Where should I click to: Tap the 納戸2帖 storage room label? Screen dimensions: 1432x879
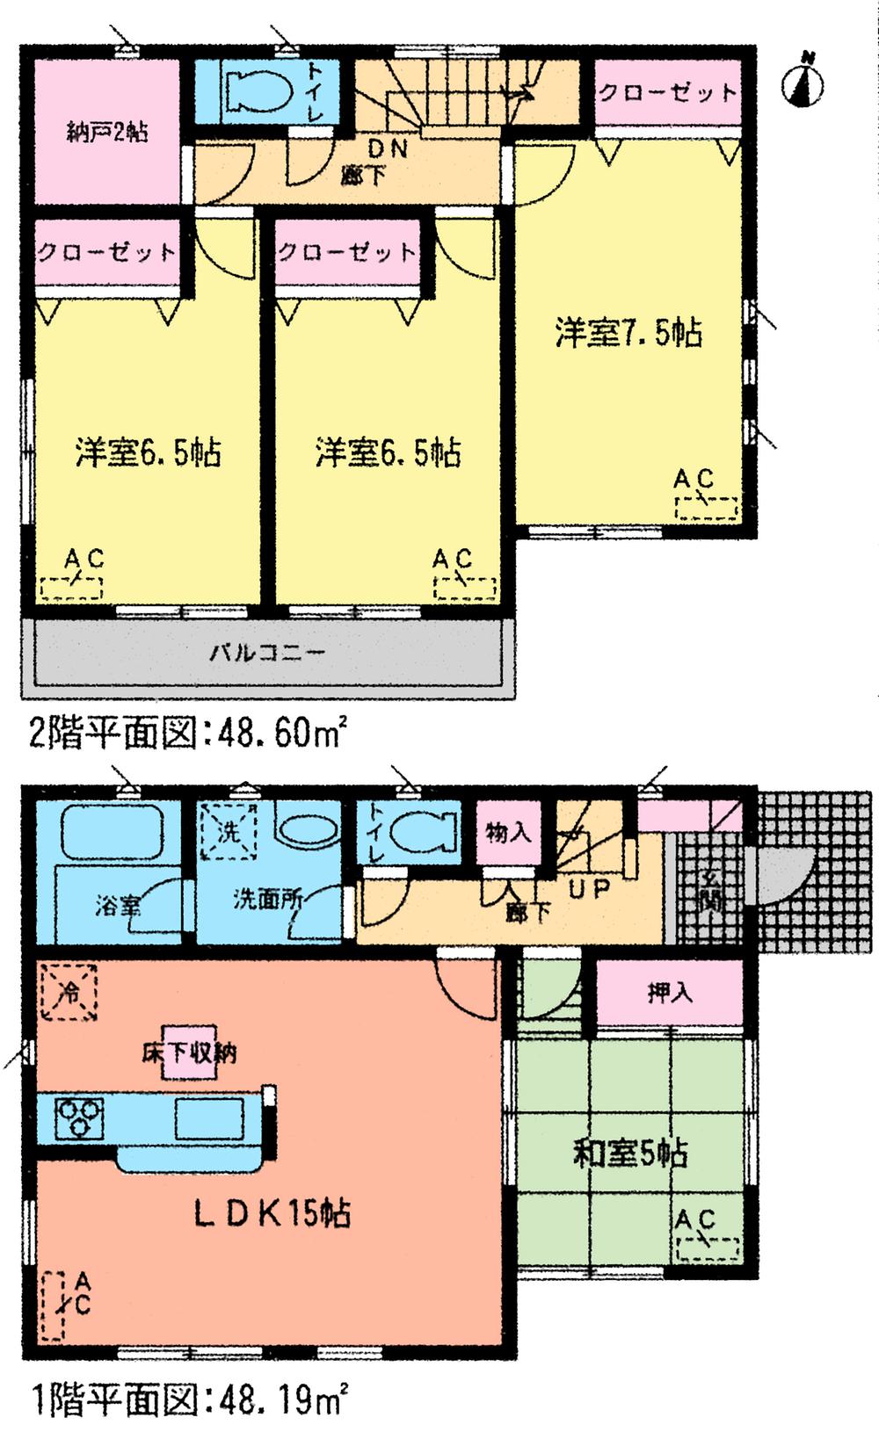click(107, 133)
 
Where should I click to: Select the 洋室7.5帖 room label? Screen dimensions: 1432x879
click(628, 334)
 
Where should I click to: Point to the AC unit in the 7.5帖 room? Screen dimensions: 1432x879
click(707, 508)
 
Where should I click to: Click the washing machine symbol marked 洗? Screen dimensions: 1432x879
click(228, 830)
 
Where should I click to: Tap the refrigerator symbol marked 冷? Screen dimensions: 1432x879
click(68, 991)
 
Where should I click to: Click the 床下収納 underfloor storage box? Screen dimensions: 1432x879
click(188, 1052)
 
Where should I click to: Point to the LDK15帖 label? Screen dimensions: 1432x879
click(272, 1214)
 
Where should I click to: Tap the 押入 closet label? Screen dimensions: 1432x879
click(671, 994)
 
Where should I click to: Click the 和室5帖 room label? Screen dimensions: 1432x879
click(629, 1153)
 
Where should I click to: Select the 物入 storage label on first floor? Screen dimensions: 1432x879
click(508, 833)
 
